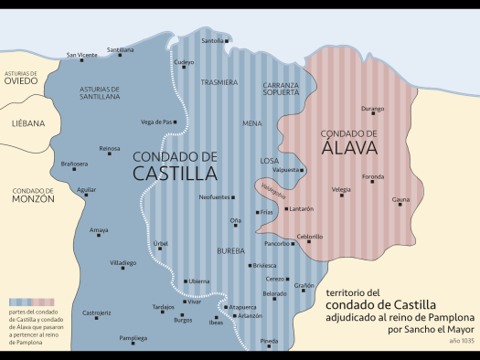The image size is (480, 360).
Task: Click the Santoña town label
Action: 211,41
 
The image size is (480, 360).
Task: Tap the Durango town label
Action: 373,109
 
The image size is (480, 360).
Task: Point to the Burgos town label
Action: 183,320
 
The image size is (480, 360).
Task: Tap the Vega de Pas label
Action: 157,122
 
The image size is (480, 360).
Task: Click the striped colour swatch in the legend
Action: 31,301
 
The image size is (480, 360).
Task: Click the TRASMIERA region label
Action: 219,82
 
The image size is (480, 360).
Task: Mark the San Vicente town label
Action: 81,55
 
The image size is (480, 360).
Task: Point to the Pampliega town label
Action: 133,338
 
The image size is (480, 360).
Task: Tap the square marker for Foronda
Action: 373,182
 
